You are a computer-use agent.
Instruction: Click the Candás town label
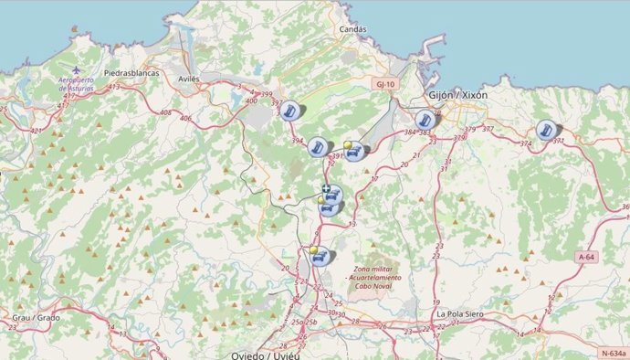pos(352,29)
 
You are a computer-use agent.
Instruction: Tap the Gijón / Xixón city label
pos(457,95)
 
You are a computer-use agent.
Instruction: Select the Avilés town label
pos(189,79)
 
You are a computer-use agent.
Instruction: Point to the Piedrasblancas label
pos(131,72)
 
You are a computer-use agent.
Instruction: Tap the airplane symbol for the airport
pos(76,69)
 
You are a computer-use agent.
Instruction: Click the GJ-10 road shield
pos(385,84)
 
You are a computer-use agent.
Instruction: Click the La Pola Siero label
pos(459,314)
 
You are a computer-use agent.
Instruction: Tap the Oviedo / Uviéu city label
pos(266,355)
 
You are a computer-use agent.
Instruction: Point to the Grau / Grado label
pos(35,317)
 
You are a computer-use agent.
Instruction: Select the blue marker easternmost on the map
pos(546,130)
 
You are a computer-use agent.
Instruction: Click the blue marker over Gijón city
pos(425,120)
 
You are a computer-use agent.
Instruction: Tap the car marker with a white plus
pos(333,193)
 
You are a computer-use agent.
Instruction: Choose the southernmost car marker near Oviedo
pos(320,257)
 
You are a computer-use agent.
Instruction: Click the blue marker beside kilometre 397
pos(291,111)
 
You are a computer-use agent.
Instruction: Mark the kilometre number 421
pos(37,131)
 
